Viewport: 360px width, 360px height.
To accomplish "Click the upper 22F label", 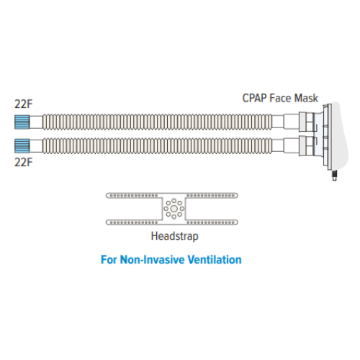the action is [x=24, y=104].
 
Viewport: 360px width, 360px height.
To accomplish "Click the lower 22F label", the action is [x=24, y=162].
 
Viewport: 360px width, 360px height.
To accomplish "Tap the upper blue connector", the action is [x=22, y=122].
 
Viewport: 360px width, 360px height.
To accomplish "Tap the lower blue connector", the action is [x=22, y=145].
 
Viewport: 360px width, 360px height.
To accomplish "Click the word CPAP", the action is [x=254, y=98].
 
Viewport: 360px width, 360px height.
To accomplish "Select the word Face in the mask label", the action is [x=280, y=98].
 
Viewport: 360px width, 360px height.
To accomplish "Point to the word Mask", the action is [x=306, y=98].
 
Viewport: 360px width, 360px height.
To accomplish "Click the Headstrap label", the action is [x=175, y=236].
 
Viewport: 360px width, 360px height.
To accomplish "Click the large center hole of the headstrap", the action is [x=174, y=209].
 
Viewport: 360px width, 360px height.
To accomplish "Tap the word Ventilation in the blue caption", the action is [x=215, y=259].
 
